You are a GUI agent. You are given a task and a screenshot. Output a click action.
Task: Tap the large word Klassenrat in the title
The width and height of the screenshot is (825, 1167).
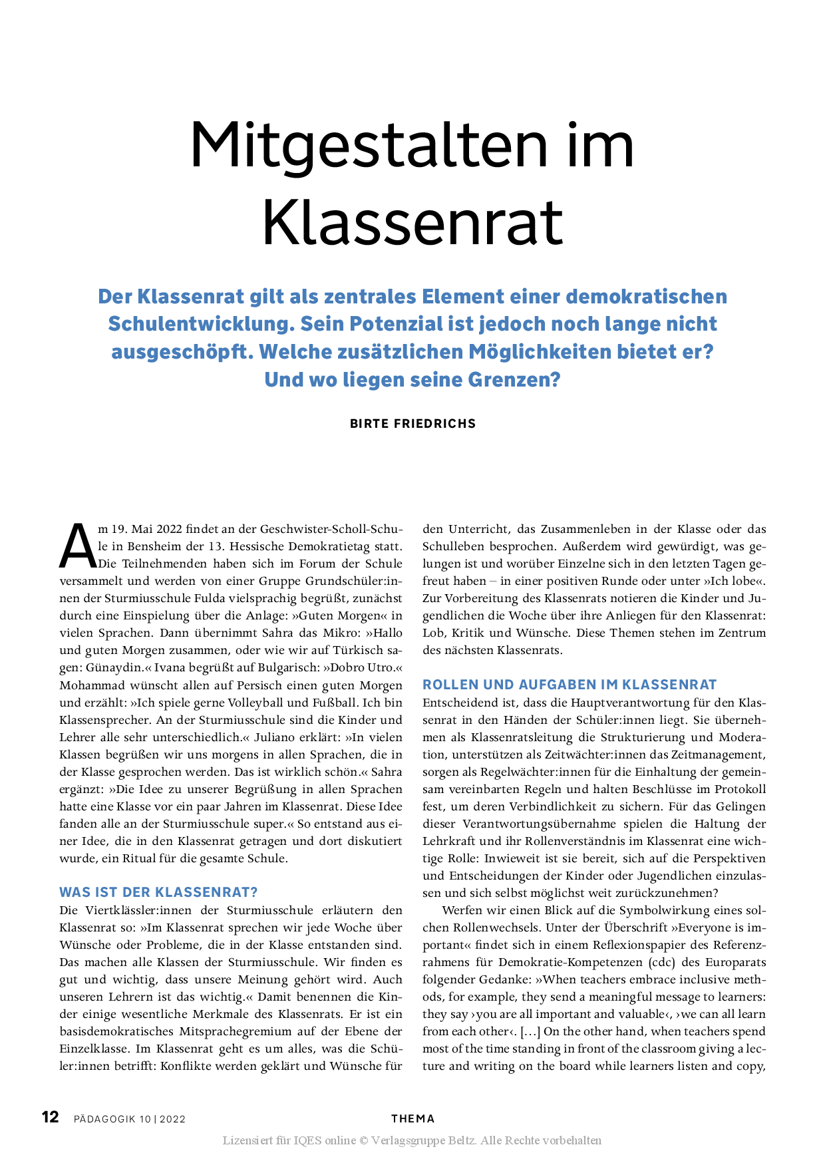pos(412,222)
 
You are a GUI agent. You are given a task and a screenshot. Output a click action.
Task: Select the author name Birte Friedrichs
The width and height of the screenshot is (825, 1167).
pos(412,424)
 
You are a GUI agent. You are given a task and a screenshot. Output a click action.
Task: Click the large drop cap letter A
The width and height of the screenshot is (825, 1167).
pos(77,546)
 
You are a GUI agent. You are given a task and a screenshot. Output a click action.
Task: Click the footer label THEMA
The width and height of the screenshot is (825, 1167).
pos(412,1118)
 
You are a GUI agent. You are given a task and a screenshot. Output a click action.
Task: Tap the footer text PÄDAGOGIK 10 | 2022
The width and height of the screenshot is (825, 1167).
pos(130,1119)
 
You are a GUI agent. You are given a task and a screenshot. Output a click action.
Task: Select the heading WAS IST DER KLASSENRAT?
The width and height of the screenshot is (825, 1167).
pos(158,892)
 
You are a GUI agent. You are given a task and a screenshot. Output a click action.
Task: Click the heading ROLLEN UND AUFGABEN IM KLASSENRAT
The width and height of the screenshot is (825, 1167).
pos(570,685)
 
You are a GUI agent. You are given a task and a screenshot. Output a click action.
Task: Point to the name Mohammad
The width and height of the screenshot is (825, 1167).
pos(88,685)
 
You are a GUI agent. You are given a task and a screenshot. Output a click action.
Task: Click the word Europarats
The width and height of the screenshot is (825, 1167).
pos(735,962)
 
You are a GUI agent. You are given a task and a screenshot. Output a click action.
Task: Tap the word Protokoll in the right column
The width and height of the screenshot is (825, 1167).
pos(740,789)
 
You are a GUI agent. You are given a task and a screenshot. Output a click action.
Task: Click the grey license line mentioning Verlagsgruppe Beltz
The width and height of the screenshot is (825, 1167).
pos(412,1140)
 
